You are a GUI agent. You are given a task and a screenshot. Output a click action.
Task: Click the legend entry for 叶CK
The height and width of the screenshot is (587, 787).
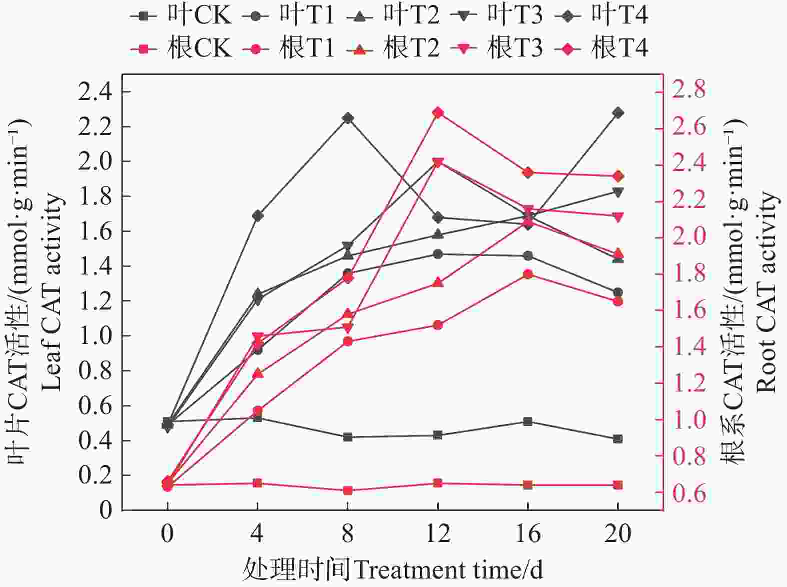tap(181, 15)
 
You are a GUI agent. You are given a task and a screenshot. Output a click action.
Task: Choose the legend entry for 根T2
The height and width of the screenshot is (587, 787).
tap(395, 48)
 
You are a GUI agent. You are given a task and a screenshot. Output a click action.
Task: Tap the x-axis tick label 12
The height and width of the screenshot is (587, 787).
tap(438, 534)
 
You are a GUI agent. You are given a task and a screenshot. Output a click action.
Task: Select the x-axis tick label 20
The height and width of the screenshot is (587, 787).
tap(618, 534)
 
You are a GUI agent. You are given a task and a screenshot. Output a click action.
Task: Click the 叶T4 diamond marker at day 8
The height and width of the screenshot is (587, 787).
tap(348, 118)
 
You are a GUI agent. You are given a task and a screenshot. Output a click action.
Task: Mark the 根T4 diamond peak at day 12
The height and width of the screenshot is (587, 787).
tap(438, 113)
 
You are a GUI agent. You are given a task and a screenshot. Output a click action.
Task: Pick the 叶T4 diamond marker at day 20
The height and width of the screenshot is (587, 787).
tap(618, 113)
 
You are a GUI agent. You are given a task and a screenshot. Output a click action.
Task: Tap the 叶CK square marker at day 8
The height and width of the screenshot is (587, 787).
tap(348, 437)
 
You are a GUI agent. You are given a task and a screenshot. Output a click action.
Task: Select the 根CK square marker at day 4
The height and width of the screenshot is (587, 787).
tap(257, 483)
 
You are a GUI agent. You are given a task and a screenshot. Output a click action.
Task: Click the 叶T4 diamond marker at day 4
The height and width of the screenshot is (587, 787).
tap(257, 216)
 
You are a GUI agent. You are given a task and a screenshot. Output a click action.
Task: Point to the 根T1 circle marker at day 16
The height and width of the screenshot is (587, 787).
tap(528, 274)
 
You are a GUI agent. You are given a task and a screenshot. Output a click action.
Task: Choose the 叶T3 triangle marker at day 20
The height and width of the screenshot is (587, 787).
tap(618, 192)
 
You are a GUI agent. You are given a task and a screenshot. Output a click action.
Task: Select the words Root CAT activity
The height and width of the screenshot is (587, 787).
tap(767, 292)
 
